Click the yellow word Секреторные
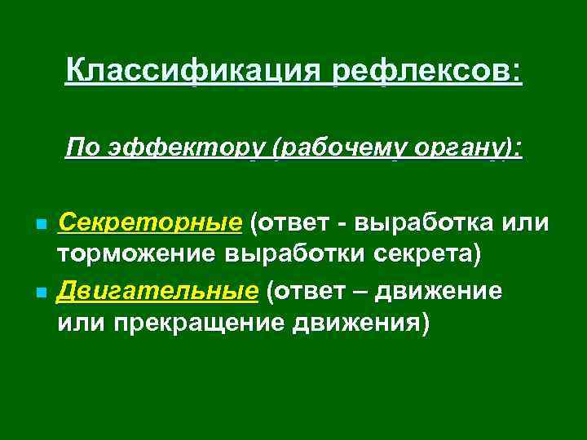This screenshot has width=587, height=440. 149,222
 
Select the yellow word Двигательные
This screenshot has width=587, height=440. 151,291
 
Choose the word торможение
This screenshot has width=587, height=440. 142,256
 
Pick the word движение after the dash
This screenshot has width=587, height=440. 446,291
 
